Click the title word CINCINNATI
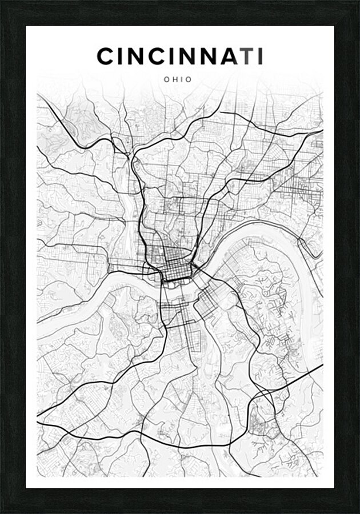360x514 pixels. (x=180, y=57)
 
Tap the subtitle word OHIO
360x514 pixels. (x=178, y=80)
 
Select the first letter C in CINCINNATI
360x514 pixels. (x=106, y=57)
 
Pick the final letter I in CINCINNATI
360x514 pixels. (x=260, y=57)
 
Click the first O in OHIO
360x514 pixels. (x=166, y=80)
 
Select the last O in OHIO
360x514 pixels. (x=189, y=80)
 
